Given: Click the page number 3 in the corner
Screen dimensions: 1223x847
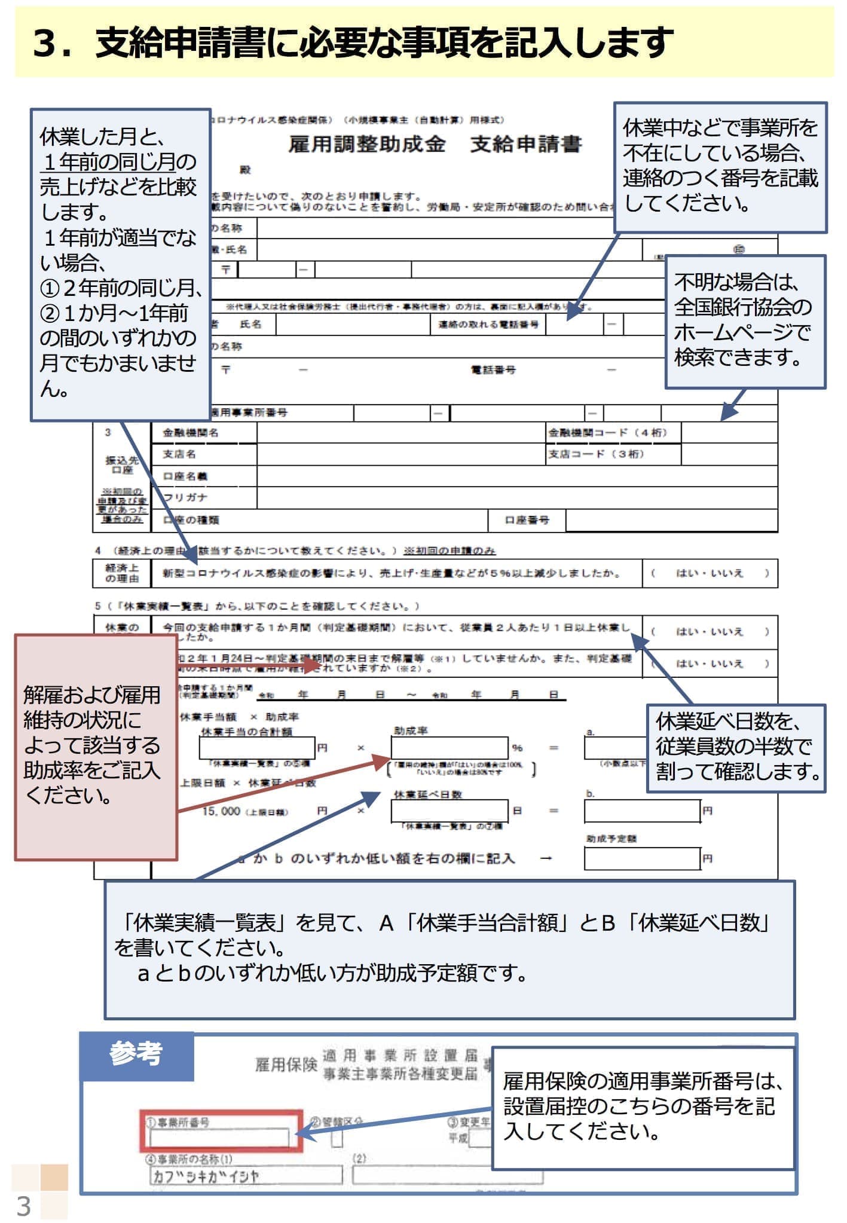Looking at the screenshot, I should pyautogui.click(x=24, y=1206).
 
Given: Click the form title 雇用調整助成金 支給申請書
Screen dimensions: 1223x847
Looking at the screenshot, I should pyautogui.click(x=435, y=144).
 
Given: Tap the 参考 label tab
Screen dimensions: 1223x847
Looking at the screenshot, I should pyautogui.click(x=136, y=1054).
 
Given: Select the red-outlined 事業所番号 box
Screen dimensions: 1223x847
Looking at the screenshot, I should pyautogui.click(x=221, y=1131).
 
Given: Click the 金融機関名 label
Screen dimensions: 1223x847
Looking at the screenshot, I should pyautogui.click(x=191, y=433).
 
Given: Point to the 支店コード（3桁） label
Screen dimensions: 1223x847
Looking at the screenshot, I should pyautogui.click(x=596, y=454).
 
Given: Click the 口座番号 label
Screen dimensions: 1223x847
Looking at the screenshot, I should pyautogui.click(x=527, y=520).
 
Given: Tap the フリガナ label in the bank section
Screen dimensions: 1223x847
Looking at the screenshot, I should pyautogui.click(x=186, y=498).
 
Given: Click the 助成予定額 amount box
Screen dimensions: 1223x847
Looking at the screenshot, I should pyautogui.click(x=642, y=858).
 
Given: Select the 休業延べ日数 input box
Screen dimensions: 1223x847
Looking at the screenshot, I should pyautogui.click(x=450, y=811).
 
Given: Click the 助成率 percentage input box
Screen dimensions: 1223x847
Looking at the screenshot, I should pyautogui.click(x=450, y=748).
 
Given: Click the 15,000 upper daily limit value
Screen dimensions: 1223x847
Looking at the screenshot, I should pyautogui.click(x=221, y=811).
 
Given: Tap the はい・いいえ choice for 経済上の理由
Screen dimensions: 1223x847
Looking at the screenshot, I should pyautogui.click(x=710, y=573).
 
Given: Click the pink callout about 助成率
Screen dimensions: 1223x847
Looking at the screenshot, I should pyautogui.click(x=96, y=747).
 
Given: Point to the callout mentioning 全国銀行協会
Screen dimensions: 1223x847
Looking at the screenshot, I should pyautogui.click(x=745, y=322).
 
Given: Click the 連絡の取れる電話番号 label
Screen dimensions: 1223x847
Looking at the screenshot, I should pyautogui.click(x=488, y=325).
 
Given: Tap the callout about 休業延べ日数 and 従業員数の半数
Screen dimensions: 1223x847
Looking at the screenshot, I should pyautogui.click(x=736, y=748).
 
